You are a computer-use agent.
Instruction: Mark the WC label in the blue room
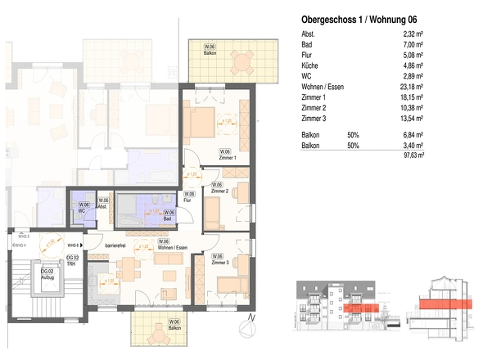tap(83, 211)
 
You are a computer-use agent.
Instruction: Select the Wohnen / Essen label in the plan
tap(166, 245)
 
